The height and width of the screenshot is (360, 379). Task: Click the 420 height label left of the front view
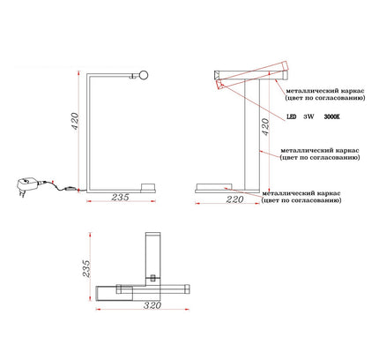pyautogui.click(x=75, y=122)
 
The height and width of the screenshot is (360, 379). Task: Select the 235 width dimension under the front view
pyautogui.click(x=120, y=197)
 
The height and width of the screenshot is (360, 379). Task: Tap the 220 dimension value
pyautogui.click(x=235, y=199)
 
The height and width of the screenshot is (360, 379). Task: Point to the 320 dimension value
pyautogui.click(x=152, y=305)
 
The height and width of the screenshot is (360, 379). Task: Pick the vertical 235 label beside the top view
pyautogui.click(x=86, y=268)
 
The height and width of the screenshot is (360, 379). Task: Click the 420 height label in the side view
pyautogui.click(x=265, y=127)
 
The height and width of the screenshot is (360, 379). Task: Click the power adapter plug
pyautogui.click(x=26, y=186)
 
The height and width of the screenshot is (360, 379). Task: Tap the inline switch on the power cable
pyautogui.click(x=70, y=189)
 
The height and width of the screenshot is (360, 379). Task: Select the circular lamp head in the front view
pyautogui.click(x=144, y=75)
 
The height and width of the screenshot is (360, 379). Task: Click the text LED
pyautogui.click(x=291, y=116)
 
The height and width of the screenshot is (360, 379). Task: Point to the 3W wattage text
pyautogui.click(x=308, y=116)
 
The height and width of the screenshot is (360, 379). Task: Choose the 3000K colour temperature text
pyautogui.click(x=331, y=116)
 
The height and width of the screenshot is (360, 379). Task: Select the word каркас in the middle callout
pyautogui.click(x=347, y=151)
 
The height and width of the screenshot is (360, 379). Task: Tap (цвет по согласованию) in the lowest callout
pyautogui.click(x=301, y=200)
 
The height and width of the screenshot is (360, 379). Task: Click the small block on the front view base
pyautogui.click(x=148, y=187)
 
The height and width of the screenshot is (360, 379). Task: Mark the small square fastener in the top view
pyautogui.click(x=152, y=278)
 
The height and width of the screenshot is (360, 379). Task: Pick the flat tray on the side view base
pyautogui.click(x=214, y=186)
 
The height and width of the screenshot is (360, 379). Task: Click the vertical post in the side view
pyautogui.click(x=252, y=135)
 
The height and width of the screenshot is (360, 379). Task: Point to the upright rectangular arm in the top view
pyautogui.click(x=152, y=259)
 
